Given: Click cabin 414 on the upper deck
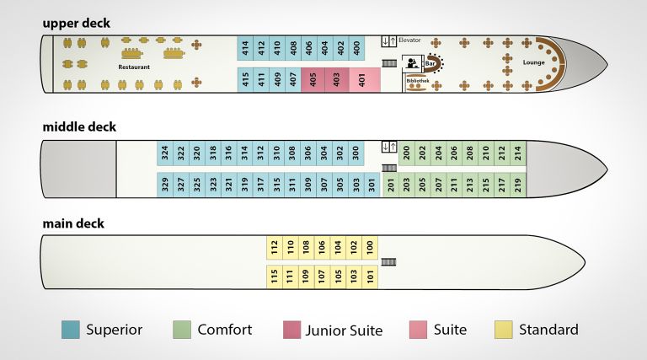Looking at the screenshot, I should [245, 48].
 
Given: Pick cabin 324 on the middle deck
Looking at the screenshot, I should [165, 153].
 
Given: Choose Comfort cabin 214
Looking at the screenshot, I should [517, 153].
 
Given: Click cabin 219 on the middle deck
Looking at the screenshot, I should [517, 185].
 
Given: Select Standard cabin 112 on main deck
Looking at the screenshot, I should [274, 247].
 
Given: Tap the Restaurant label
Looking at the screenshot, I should [134, 67].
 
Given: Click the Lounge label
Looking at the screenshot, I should [533, 62].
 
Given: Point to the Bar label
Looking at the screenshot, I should [430, 62].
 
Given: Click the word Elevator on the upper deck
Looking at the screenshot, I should [410, 40].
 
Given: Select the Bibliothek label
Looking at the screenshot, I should [417, 81].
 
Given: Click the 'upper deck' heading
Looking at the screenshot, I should [76, 23].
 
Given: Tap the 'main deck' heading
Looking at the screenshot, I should [73, 223].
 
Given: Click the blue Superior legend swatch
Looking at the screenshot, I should [71, 330].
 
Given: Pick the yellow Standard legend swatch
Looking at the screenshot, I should [504, 330].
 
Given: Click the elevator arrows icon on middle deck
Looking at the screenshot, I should [388, 147].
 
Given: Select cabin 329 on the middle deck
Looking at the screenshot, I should [165, 185].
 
